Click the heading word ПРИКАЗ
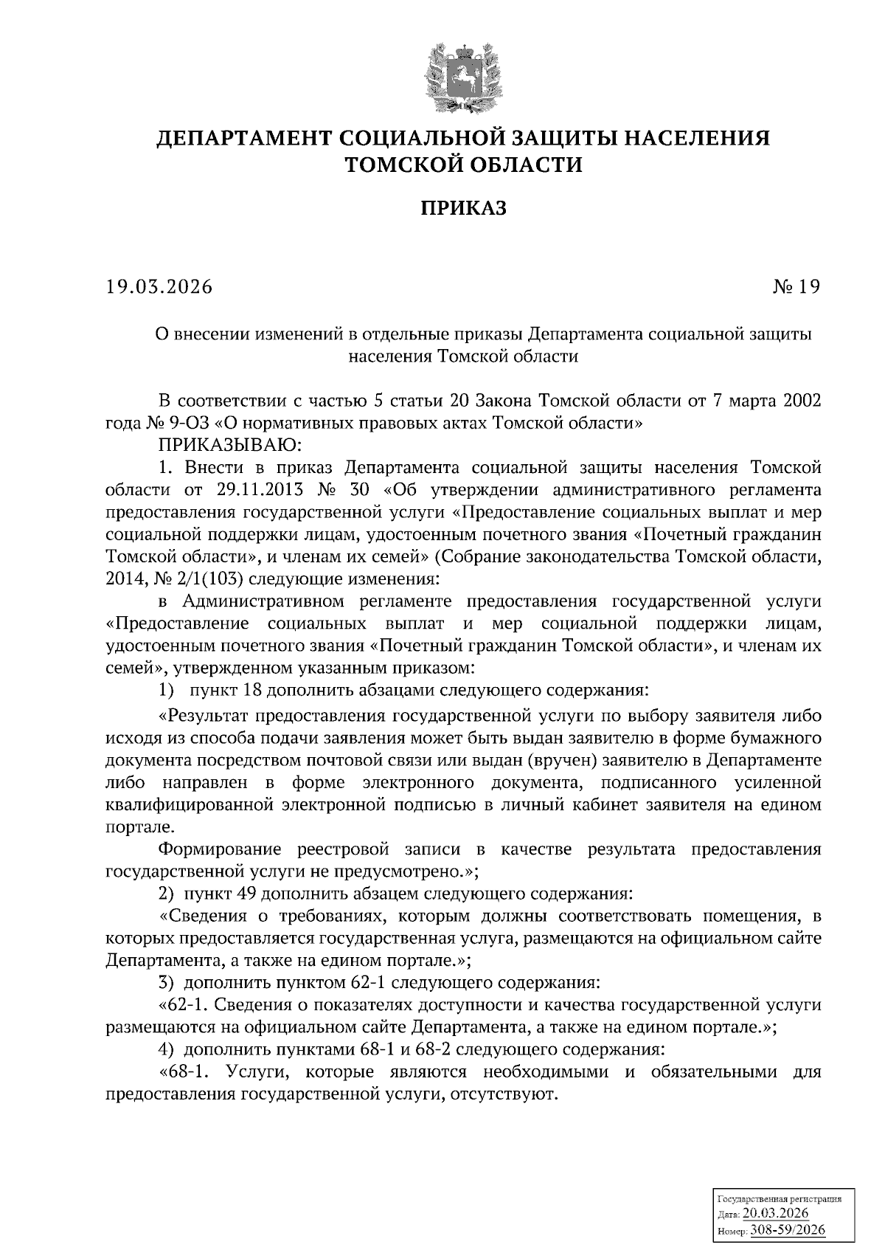[464, 209]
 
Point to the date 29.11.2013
[255, 490]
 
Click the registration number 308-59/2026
[788, 1230]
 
